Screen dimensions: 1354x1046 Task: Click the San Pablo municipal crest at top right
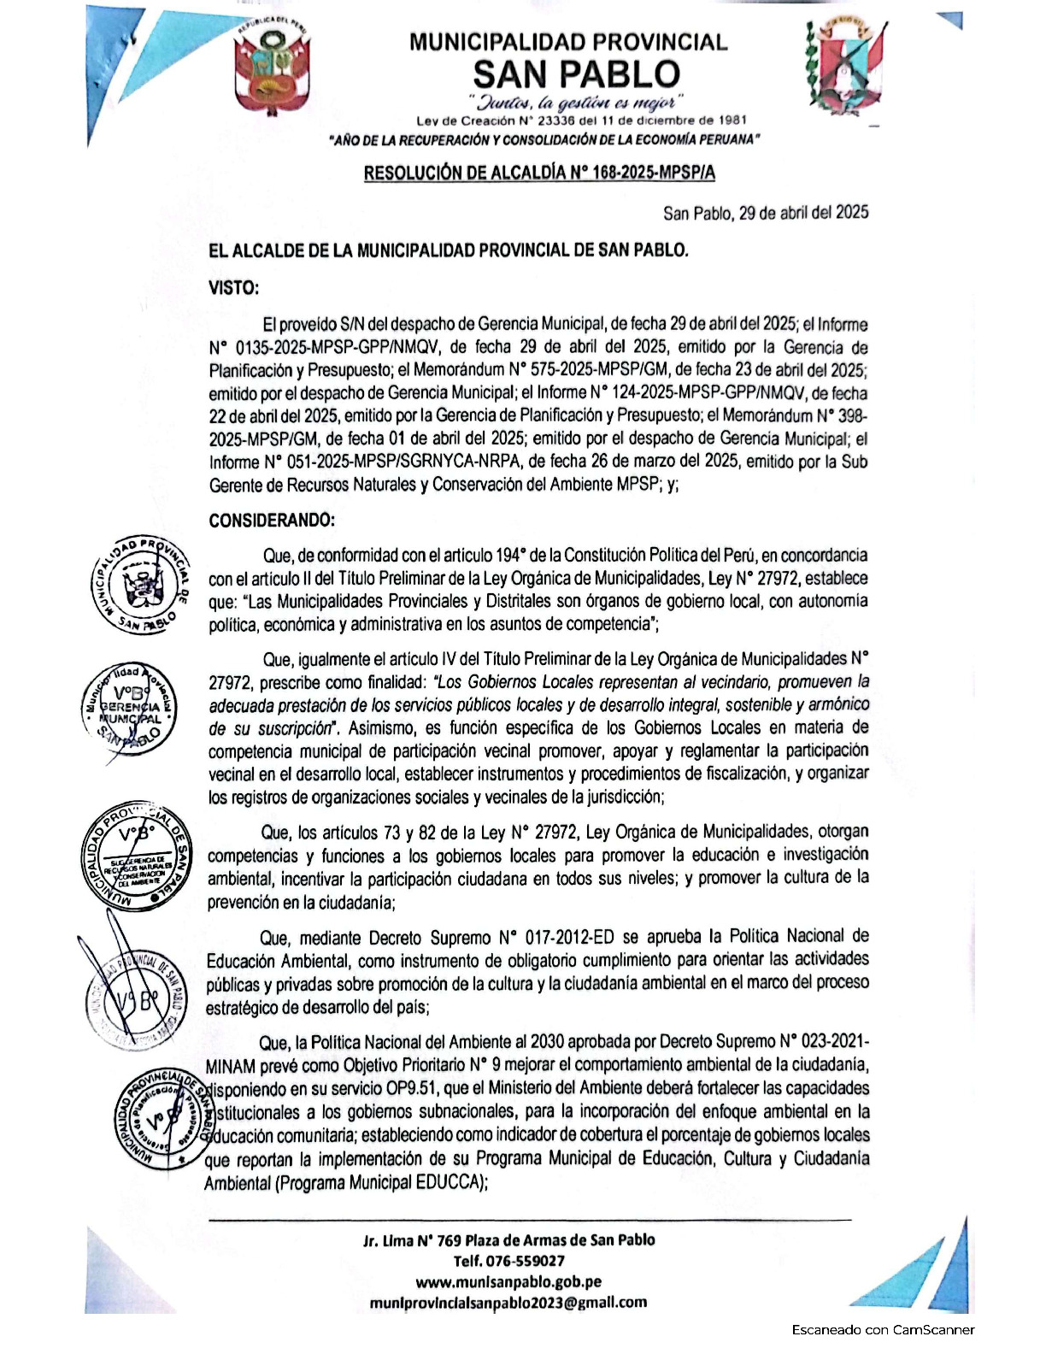coord(843,64)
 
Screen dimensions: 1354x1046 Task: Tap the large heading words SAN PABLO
coord(576,74)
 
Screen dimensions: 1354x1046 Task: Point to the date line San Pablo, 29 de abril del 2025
coord(765,212)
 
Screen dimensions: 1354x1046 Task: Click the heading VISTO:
coord(233,288)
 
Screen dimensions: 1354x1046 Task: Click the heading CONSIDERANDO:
coord(272,520)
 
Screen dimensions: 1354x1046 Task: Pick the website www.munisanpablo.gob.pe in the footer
coord(508,1281)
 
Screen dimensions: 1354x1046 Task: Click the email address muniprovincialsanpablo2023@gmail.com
coord(508,1303)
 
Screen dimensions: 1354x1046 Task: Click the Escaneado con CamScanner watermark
coord(882,1329)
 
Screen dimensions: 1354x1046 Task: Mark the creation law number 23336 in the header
coord(556,121)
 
